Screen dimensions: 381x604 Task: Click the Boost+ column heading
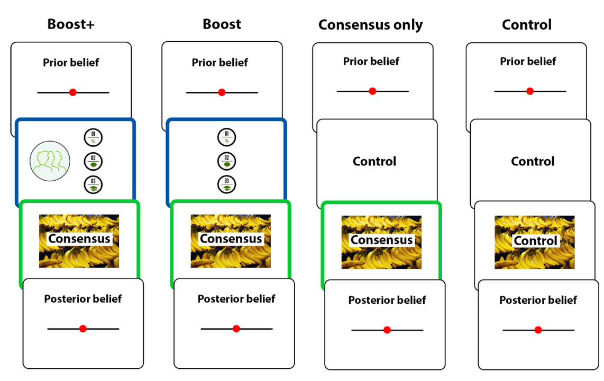coord(71,24)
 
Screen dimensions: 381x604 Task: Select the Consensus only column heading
coord(370,25)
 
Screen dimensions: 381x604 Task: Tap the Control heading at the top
coord(526,24)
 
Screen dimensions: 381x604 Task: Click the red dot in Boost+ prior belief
coord(73,92)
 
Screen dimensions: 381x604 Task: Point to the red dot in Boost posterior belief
coord(236,329)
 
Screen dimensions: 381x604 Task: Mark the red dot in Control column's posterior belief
coord(538,330)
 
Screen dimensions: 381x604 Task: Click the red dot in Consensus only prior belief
coord(372,91)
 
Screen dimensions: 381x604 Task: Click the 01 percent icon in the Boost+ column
coord(93,138)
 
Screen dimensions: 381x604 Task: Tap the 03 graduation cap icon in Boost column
coord(226,184)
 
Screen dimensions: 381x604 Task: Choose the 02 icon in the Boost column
coord(226,161)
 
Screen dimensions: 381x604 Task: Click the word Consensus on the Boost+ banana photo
coord(79,239)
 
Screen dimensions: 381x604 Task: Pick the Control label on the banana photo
coord(536,241)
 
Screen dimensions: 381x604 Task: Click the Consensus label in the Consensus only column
coord(381,240)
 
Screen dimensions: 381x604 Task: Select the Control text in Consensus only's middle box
coord(374,161)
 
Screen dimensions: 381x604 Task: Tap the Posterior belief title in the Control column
coord(538,300)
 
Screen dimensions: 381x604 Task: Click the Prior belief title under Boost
coord(219,63)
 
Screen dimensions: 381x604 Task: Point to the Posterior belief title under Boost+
coord(83,299)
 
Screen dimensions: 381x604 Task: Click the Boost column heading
coord(222,24)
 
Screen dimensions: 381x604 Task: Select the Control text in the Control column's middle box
coord(533,161)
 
